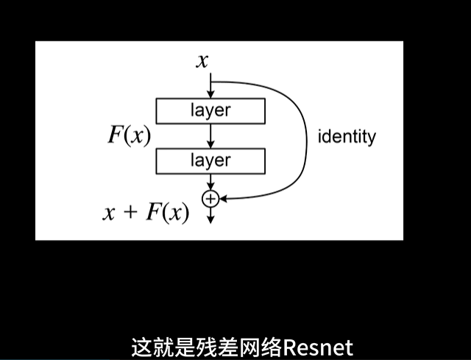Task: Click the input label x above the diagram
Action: coord(202,60)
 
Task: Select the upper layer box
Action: coord(210,110)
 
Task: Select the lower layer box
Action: coord(210,160)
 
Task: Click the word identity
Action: coord(347,136)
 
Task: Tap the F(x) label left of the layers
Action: coord(130,135)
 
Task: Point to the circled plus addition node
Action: coord(211,197)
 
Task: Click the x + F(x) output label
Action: coord(146,213)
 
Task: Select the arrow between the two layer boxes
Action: coord(211,135)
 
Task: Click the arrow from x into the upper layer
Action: coord(211,85)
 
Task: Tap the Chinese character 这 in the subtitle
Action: coord(142,347)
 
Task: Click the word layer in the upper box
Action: coord(210,110)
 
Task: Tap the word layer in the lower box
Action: coord(210,160)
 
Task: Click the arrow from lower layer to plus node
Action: coord(211,181)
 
